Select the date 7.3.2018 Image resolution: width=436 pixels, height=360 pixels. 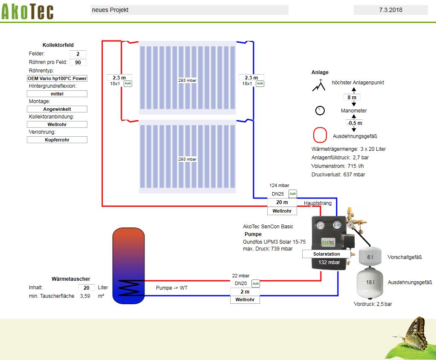coord(390,10)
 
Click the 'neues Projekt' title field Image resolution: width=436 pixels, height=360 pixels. coord(189,10)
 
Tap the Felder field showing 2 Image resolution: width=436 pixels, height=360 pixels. coord(78,54)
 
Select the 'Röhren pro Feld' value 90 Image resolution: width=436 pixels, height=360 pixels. coord(78,62)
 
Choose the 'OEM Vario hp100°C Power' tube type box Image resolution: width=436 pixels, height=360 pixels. coord(57,78)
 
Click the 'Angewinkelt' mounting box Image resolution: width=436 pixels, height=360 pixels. coord(57,109)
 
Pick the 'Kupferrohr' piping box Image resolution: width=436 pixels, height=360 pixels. coord(57,140)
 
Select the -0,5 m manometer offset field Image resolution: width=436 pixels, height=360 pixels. coord(354,123)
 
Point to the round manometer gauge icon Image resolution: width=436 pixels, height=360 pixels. coord(320,111)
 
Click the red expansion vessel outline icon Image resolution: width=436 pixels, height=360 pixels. coord(320,135)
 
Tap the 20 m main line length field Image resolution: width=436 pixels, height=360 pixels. coord(282,202)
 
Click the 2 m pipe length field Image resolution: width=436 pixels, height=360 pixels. coord(245,292)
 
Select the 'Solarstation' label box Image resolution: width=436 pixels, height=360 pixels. coord(327,254)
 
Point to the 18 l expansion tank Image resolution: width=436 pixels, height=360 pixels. coord(370,282)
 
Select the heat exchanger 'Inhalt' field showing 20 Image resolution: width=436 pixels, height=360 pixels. coord(86,288)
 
